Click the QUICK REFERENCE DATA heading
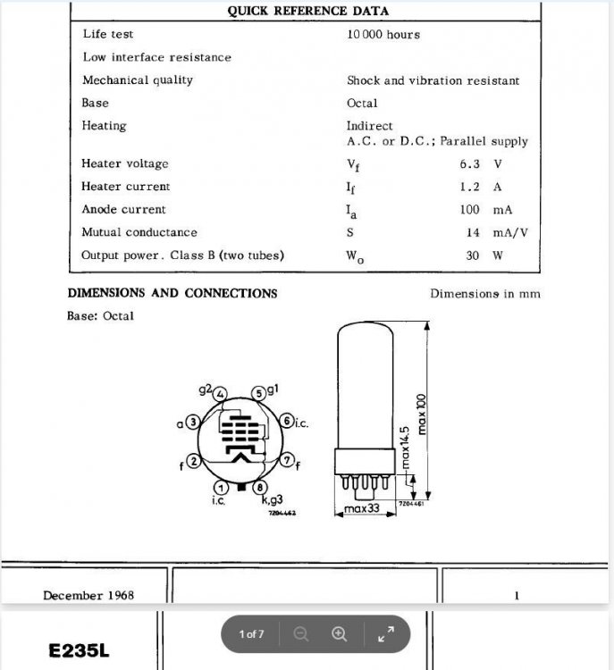[x=307, y=12]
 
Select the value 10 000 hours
[x=383, y=35]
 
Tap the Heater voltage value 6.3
[x=469, y=164]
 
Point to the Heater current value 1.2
[x=469, y=188]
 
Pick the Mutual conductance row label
[x=139, y=233]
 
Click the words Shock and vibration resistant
[x=433, y=80]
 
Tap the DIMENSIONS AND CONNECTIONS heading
[x=172, y=294]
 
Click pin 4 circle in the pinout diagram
[x=221, y=394]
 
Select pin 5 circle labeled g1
[x=258, y=393]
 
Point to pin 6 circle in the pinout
[x=286, y=421]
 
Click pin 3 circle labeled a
[x=192, y=422]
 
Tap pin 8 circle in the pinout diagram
[x=259, y=488]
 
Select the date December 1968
[x=88, y=595]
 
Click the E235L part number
[x=80, y=650]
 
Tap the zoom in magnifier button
[x=339, y=634]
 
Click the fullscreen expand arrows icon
[x=386, y=634]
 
